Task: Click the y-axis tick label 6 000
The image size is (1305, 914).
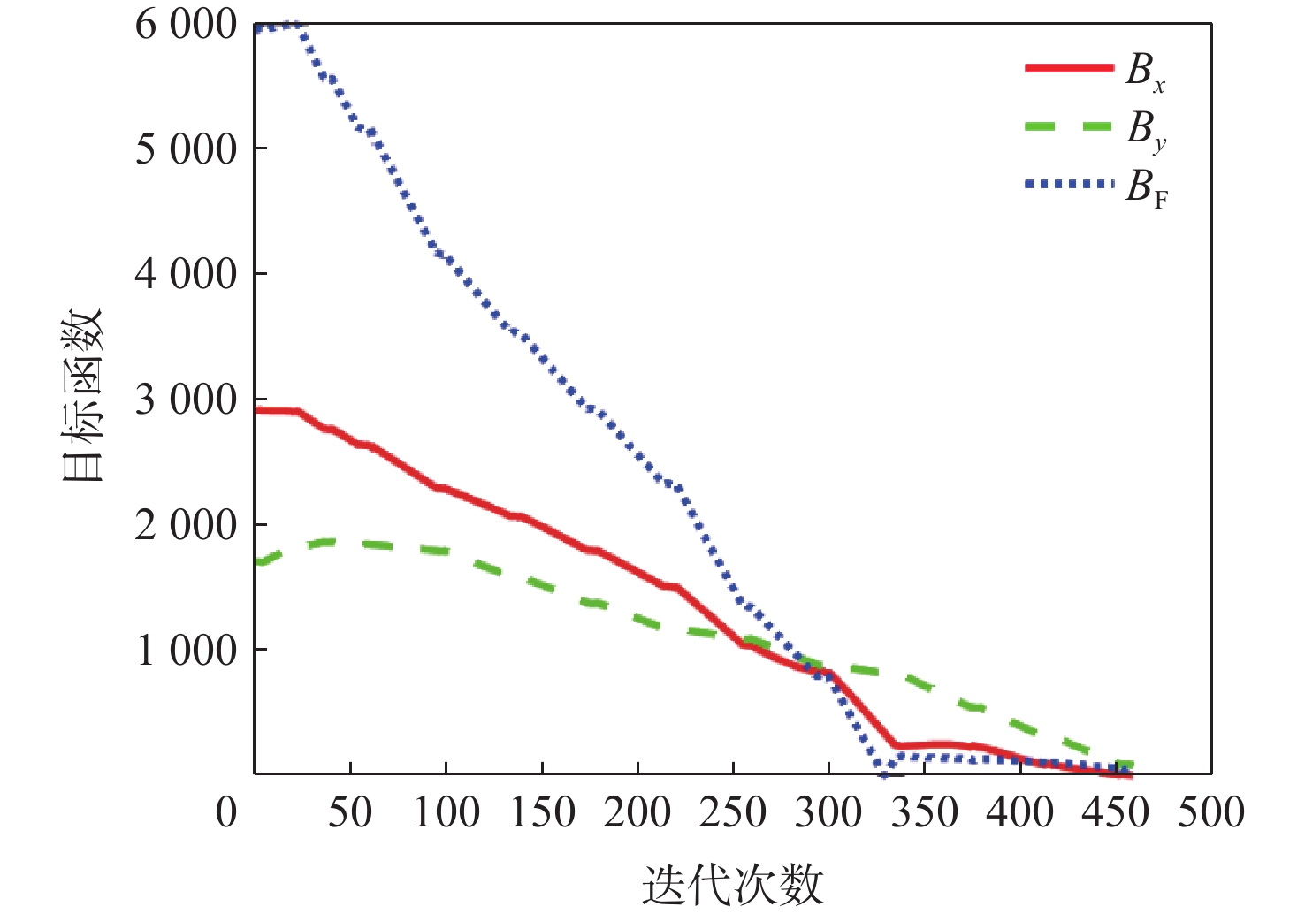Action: pyautogui.click(x=187, y=26)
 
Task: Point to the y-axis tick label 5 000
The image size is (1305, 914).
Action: pyautogui.click(x=187, y=150)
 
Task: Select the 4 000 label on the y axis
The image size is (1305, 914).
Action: pyautogui.click(x=187, y=275)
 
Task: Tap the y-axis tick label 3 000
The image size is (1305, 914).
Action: pyautogui.click(x=187, y=400)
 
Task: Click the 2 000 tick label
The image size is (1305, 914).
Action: pyautogui.click(x=187, y=526)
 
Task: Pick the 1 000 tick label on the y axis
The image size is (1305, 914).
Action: pyautogui.click(x=187, y=651)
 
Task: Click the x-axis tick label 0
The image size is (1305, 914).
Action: pyautogui.click(x=227, y=812)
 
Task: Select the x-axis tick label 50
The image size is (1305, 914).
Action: pyautogui.click(x=350, y=812)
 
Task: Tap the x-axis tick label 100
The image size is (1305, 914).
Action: pyautogui.click(x=446, y=812)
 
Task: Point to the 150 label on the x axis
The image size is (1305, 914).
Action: pyautogui.click(x=542, y=812)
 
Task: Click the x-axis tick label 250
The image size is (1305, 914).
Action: pyautogui.click(x=733, y=812)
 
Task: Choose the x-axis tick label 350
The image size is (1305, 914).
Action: pyautogui.click(x=925, y=812)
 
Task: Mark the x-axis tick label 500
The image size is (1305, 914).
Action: pyautogui.click(x=1211, y=812)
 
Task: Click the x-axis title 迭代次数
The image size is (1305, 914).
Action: pyautogui.click(x=732, y=885)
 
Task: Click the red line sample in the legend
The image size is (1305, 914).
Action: pyautogui.click(x=1069, y=68)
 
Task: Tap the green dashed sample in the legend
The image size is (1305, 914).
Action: pyautogui.click(x=1069, y=126)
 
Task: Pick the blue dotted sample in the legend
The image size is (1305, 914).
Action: pyautogui.click(x=1069, y=184)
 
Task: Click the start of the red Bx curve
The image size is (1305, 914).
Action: pyautogui.click(x=257, y=410)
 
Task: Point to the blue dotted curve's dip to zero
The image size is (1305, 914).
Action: pyautogui.click(x=884, y=773)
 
